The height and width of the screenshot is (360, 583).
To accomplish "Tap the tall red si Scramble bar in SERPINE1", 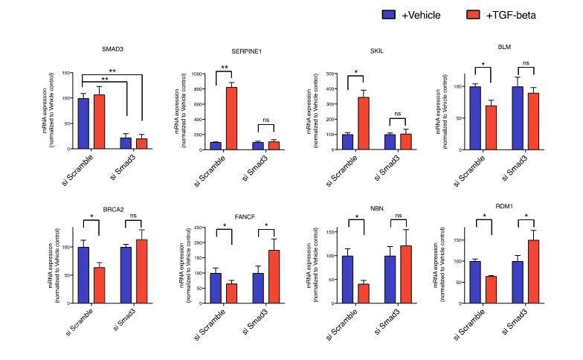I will tap(232, 118).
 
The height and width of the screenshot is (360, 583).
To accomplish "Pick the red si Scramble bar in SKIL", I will tap(364, 123).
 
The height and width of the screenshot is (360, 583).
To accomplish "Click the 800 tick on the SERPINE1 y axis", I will tap(196, 89).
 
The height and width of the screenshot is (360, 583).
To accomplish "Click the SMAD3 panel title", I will tap(113, 49).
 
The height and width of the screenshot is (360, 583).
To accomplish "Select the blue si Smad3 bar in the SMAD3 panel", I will tap(126, 144).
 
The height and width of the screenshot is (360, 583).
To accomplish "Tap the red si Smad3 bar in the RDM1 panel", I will tap(533, 271).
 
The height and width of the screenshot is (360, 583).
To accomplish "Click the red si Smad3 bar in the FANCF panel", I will tap(274, 277).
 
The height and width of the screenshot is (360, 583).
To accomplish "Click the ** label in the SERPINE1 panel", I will tap(224, 68).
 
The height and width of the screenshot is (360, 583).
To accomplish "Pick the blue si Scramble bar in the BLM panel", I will tap(474, 118).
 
